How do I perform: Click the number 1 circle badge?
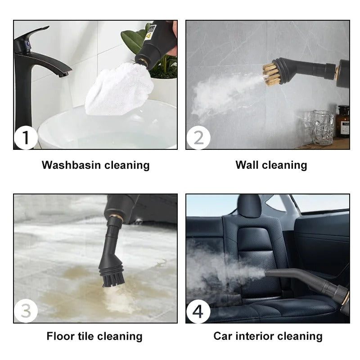pos(26,138)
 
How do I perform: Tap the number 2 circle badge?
pos(198,138)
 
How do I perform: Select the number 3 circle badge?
pos(26,311)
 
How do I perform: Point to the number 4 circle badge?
pos(198,311)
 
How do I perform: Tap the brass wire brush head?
pos(273,74)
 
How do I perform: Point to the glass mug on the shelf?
pos(323,127)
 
